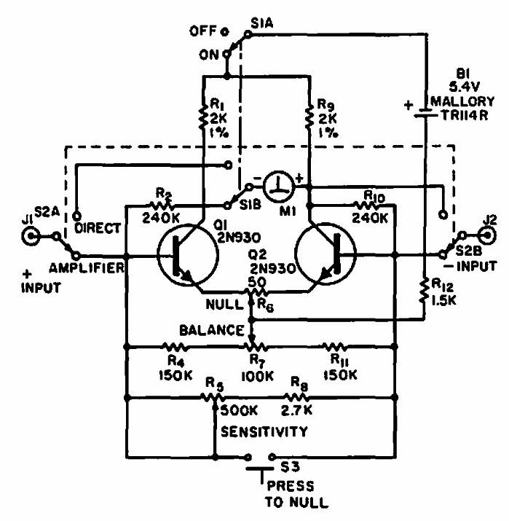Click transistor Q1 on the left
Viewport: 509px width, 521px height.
click(188, 255)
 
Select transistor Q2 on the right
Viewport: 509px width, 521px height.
click(325, 254)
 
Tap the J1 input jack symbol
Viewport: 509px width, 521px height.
click(31, 236)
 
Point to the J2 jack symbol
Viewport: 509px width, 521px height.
click(487, 235)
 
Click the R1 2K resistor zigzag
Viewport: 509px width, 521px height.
click(202, 117)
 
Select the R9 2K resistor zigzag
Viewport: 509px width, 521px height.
click(309, 117)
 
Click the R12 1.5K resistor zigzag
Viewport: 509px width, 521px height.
click(424, 291)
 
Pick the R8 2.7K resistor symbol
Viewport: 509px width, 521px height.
click(296, 396)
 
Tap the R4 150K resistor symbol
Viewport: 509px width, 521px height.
click(175, 347)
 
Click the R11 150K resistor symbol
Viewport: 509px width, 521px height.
click(336, 347)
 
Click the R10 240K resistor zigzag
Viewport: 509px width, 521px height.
click(366, 205)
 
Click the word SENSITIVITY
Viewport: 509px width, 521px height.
click(264, 431)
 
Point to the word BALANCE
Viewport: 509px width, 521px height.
click(212, 330)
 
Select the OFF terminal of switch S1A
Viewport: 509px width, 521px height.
click(225, 32)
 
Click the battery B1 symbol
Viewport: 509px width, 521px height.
click(425, 113)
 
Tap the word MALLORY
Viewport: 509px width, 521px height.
click(462, 101)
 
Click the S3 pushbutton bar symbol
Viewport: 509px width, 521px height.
click(260, 469)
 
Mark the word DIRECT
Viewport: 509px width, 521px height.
click(98, 228)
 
